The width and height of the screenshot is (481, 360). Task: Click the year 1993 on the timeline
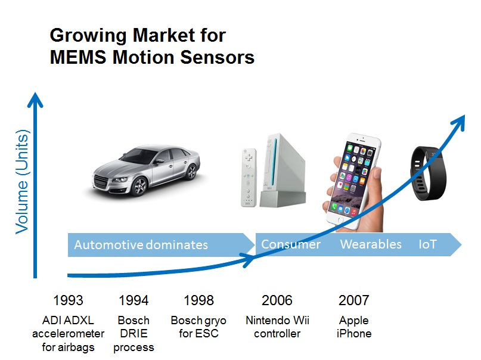pyautogui.click(x=68, y=300)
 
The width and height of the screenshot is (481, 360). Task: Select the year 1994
pyautogui.click(x=134, y=300)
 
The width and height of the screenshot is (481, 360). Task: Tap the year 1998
pyautogui.click(x=198, y=300)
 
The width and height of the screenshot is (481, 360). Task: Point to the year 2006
pyautogui.click(x=277, y=300)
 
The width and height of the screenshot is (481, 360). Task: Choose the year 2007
pyautogui.click(x=353, y=300)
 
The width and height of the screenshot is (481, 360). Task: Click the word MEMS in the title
pyautogui.click(x=78, y=57)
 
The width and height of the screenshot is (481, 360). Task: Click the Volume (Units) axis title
pyautogui.click(x=22, y=182)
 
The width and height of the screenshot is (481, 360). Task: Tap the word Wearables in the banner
pyautogui.click(x=371, y=244)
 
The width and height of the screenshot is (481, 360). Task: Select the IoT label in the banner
pyautogui.click(x=427, y=244)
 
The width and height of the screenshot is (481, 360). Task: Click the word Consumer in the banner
pyautogui.click(x=291, y=244)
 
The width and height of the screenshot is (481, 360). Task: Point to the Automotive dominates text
pyautogui.click(x=141, y=245)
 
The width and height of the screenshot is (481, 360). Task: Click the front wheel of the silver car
pyautogui.click(x=140, y=186)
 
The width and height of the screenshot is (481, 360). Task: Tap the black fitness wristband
pyautogui.click(x=427, y=173)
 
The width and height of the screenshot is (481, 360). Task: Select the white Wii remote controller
pyautogui.click(x=249, y=178)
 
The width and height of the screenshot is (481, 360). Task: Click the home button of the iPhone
pyautogui.click(x=340, y=219)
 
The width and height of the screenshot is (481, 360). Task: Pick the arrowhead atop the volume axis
pyautogui.click(x=35, y=100)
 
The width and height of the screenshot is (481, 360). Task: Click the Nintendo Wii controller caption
pyautogui.click(x=277, y=327)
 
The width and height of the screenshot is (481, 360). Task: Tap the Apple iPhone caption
pyautogui.click(x=353, y=327)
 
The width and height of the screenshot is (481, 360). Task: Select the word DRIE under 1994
pyautogui.click(x=134, y=333)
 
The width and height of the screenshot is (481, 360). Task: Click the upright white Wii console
pyautogui.click(x=282, y=170)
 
